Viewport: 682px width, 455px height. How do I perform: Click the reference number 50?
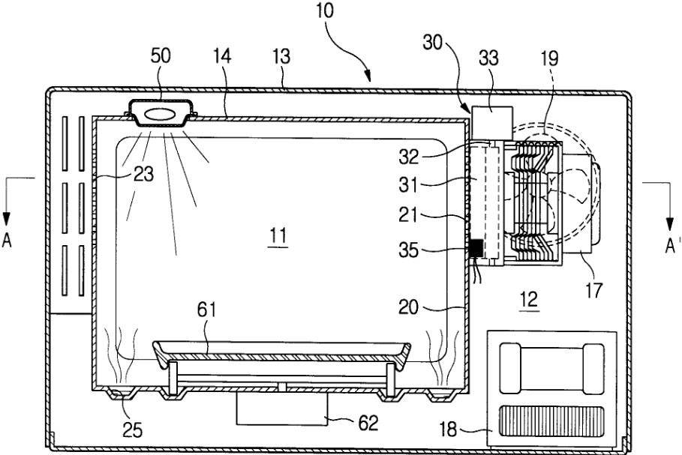[x=161, y=56]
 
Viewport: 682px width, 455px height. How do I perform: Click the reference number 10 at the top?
[x=326, y=11]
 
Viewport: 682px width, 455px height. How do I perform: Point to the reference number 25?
[x=133, y=431]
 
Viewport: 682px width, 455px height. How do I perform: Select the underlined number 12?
[x=529, y=300]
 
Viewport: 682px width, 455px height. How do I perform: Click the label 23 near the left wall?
[x=143, y=175]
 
